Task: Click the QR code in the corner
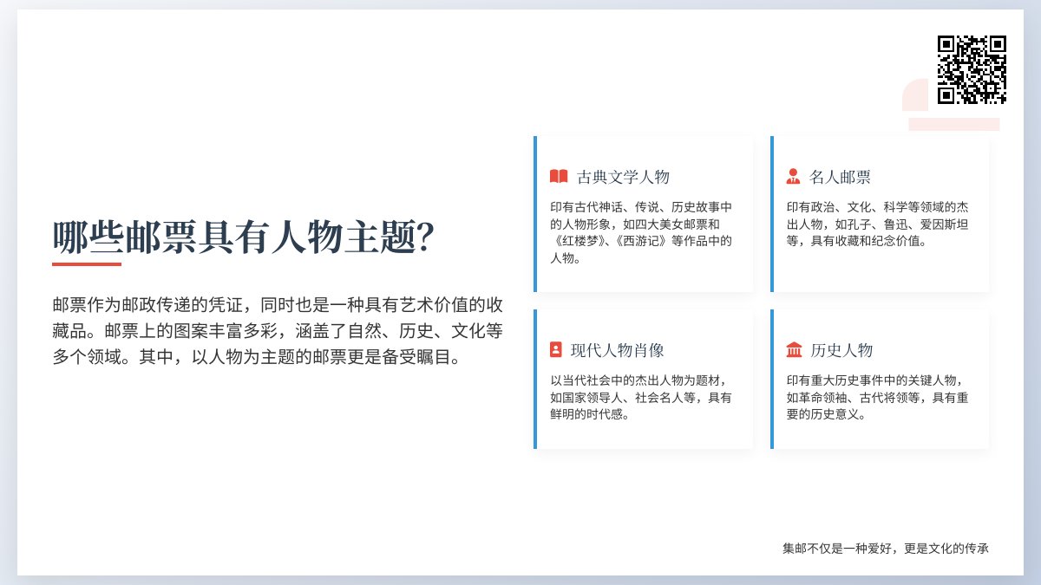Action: (972, 69)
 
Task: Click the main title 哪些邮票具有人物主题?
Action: (244, 237)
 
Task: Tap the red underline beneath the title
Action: (87, 263)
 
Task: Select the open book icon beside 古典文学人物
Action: (559, 177)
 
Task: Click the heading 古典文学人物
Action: (623, 178)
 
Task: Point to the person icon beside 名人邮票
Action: (793, 177)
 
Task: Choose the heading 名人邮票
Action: (840, 178)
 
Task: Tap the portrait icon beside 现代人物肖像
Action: (556, 350)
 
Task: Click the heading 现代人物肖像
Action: (618, 351)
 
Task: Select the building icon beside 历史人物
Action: (794, 350)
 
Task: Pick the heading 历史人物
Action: (841, 351)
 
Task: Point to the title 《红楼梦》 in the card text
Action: (579, 241)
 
